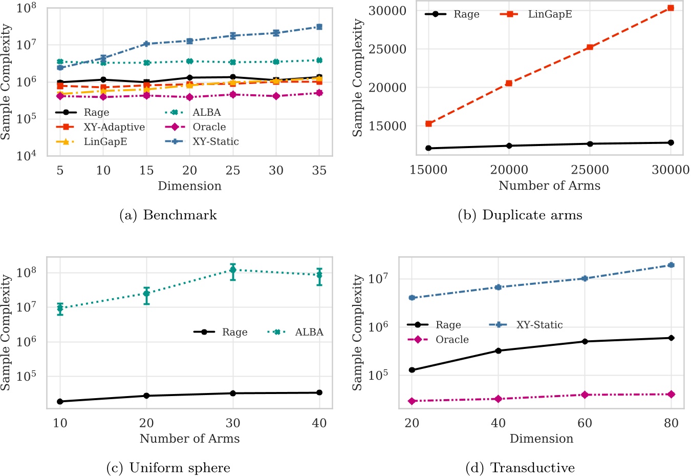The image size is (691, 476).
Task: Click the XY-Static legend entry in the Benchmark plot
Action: coord(215,141)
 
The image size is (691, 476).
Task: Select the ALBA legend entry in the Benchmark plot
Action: coord(206,112)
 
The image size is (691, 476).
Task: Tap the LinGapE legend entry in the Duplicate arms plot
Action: coord(550,14)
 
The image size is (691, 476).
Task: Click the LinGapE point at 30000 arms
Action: coord(671,8)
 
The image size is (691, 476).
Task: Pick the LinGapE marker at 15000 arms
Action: coord(429,123)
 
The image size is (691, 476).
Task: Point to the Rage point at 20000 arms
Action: coord(509,146)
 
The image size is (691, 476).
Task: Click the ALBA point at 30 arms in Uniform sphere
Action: coord(233,270)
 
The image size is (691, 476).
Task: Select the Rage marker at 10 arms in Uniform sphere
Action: coord(60,401)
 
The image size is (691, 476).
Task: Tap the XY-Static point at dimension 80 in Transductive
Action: coord(671,265)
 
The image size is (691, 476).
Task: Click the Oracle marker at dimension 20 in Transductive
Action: coord(412,401)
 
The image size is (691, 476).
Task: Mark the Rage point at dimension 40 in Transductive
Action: coord(498,350)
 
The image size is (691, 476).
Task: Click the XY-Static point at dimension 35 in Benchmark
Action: coord(319,27)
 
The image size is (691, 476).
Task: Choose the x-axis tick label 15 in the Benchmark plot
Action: coord(146,170)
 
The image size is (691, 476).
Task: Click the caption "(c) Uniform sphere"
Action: coord(168,468)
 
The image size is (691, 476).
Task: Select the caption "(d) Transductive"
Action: coord(520,468)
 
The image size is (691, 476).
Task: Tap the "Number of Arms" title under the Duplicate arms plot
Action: coord(549,185)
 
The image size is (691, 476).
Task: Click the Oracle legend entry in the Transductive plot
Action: coord(451,339)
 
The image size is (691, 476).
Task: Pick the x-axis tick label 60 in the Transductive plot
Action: coord(585,423)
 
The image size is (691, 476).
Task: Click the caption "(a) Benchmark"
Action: coord(168,215)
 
